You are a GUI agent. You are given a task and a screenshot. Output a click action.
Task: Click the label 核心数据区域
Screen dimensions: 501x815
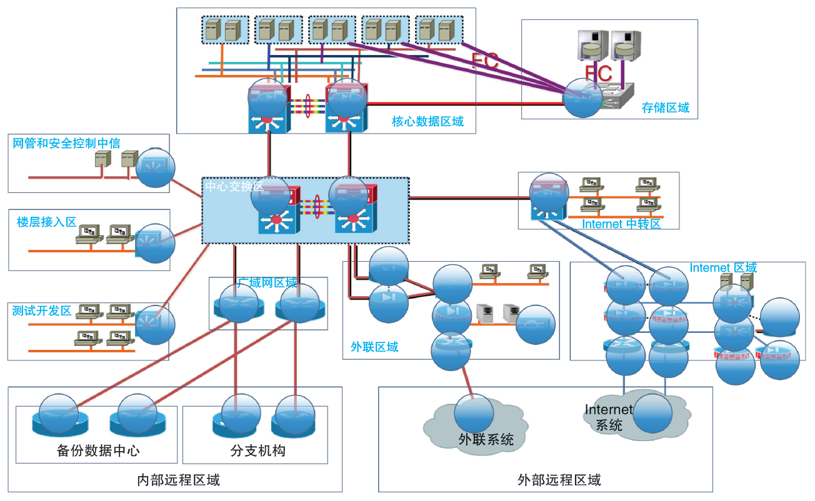(427, 121)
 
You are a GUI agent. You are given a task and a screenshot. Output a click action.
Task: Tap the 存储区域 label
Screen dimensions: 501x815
(665, 107)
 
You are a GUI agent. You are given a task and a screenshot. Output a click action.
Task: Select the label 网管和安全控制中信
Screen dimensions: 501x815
(67, 143)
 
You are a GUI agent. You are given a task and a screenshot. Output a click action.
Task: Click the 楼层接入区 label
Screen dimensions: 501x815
(46, 222)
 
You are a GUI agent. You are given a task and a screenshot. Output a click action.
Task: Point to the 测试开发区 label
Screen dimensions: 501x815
(42, 310)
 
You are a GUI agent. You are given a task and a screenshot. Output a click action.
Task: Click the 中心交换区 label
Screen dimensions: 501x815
(234, 186)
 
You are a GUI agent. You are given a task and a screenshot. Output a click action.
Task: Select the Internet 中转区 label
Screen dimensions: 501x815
(621, 224)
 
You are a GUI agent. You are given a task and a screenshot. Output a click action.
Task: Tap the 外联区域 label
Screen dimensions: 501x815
(374, 347)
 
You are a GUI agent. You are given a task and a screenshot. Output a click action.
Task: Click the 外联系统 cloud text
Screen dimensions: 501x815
(486, 439)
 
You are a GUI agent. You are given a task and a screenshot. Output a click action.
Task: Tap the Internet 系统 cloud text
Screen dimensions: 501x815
(608, 417)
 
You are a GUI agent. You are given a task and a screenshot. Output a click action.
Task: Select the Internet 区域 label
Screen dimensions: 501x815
(723, 267)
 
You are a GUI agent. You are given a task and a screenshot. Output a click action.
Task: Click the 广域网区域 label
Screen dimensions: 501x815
(267, 283)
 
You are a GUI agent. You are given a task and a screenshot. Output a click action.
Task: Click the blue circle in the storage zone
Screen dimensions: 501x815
(582, 98)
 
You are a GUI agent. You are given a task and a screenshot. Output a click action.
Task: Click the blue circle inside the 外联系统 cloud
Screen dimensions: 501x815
(474, 413)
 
